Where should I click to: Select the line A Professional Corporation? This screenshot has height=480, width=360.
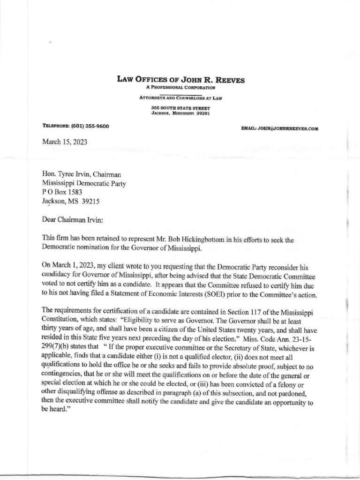(180, 88)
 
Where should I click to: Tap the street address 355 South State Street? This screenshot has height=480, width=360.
(180, 108)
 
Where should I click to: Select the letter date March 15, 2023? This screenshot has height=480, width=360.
(65, 142)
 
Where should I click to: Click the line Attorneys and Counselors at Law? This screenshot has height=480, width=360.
(180, 98)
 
